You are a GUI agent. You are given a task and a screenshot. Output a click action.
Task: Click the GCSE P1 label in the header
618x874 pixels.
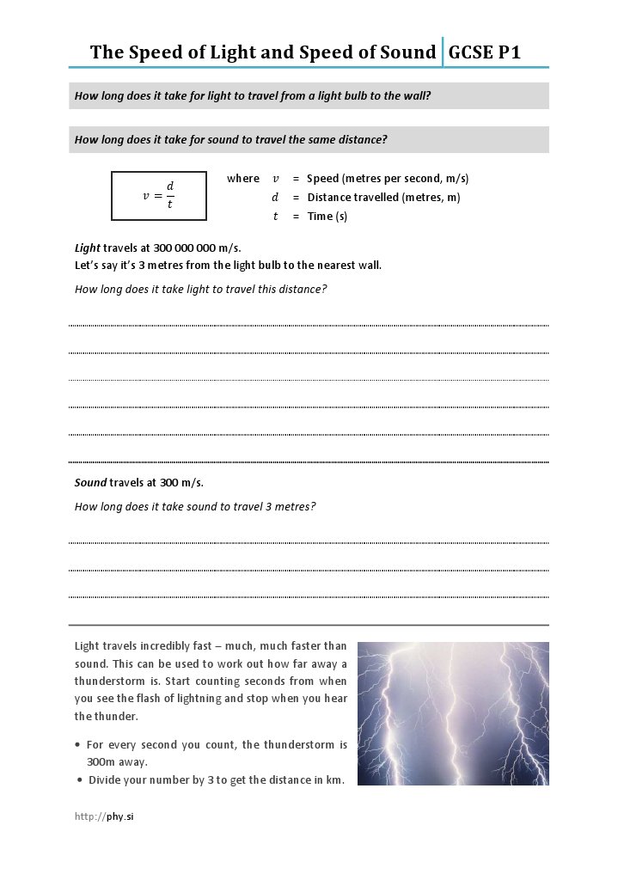[485, 52]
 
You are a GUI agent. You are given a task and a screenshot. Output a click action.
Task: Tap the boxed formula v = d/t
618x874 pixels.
[158, 196]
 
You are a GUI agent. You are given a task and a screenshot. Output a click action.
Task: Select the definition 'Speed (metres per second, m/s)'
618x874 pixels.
[387, 179]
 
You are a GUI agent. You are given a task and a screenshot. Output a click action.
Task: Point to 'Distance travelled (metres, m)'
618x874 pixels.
[382, 198]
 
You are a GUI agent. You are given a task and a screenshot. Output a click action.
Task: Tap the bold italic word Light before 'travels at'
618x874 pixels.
[88, 248]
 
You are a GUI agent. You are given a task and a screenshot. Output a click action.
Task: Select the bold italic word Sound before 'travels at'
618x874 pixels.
[90, 482]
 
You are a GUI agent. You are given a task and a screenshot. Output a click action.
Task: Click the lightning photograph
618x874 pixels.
[452, 713]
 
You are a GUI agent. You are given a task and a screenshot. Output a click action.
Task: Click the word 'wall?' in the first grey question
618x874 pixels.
[416, 96]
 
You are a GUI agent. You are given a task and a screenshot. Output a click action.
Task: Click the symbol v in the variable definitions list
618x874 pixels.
[275, 179]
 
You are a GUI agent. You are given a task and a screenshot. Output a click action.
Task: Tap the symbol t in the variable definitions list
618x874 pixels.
[275, 217]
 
